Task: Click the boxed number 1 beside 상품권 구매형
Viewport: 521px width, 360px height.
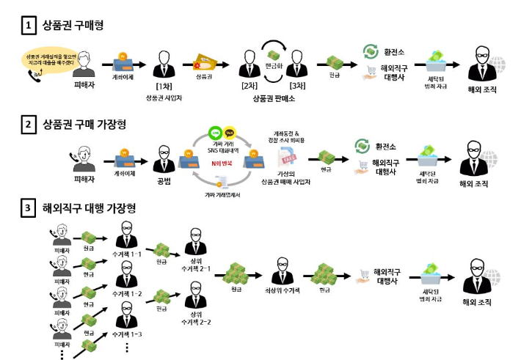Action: (x=28, y=26)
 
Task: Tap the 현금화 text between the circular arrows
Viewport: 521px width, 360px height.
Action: (x=274, y=65)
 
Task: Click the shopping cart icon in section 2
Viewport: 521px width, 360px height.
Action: (x=362, y=166)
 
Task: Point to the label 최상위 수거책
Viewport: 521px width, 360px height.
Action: (x=280, y=290)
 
